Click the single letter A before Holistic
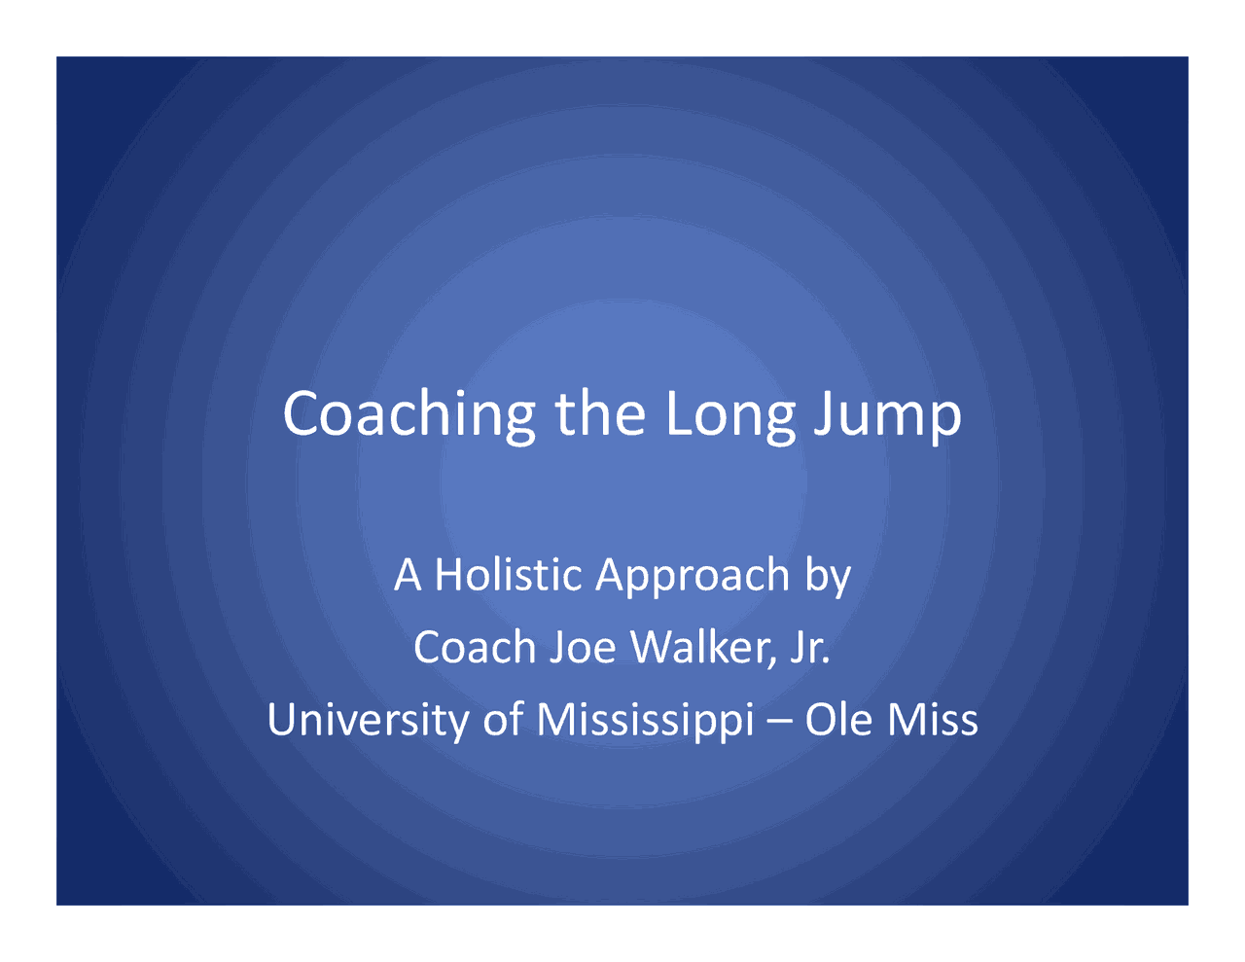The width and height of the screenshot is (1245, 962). pos(408,574)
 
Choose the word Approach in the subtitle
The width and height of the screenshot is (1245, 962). pos(693,578)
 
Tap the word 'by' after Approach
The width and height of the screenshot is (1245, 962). pos(828,578)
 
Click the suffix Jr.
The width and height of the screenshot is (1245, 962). pos(810,648)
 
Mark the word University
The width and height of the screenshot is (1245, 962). pos(368,722)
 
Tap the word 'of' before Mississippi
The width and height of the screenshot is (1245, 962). pos(503,719)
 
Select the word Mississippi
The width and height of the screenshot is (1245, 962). pos(645,722)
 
